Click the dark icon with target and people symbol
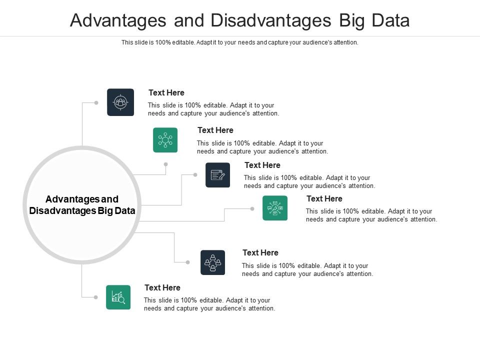coord(120,102)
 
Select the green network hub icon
coord(165,140)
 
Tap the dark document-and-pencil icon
coord(217,175)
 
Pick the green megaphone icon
coord(275,208)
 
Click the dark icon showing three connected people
coord(212,262)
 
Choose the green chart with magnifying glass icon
coord(118,297)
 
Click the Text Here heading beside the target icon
coord(166,92)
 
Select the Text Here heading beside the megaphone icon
coord(324,198)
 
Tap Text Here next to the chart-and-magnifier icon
coord(162,287)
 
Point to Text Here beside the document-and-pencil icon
coord(262,165)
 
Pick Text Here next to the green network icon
coord(215,130)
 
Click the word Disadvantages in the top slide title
coord(270,20)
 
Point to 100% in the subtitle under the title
coord(163,42)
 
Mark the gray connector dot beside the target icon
coord(96,102)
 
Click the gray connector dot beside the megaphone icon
coord(253,208)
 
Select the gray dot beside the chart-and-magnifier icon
coord(96,297)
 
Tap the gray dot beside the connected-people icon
coord(188,262)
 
